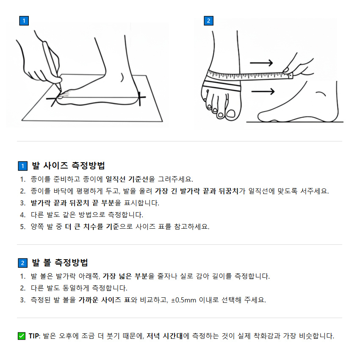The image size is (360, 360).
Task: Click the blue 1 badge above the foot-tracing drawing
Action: tap(24, 21)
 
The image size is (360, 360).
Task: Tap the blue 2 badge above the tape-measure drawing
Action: tap(208, 21)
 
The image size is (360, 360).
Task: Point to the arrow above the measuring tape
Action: tap(261, 63)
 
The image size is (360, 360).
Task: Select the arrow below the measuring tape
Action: tap(263, 91)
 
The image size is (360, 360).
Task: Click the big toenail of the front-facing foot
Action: tap(231, 113)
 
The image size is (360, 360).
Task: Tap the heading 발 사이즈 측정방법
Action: tap(68, 166)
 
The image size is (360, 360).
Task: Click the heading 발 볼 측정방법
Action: tap(60, 263)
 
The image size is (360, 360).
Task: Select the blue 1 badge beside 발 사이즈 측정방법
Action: tap(22, 166)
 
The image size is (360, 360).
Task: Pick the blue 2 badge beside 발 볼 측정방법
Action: tap(22, 263)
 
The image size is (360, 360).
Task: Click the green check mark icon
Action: tap(22, 336)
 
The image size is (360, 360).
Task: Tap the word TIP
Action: tap(33, 336)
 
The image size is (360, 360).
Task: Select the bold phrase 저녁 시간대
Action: tap(164, 336)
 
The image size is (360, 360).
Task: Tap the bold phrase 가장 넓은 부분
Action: tap(125, 276)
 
